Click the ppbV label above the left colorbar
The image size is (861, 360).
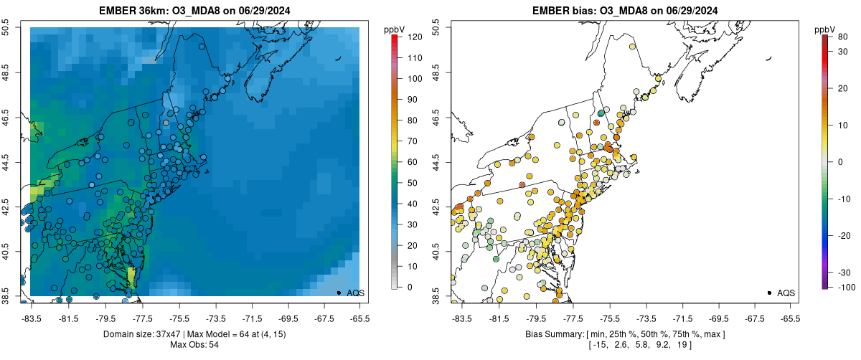(394, 29)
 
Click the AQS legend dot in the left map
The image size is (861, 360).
(339, 293)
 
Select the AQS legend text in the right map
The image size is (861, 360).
(787, 293)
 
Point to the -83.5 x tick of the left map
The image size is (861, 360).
(31, 317)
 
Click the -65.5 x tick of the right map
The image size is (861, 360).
(789, 317)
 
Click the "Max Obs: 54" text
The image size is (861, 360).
(194, 345)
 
